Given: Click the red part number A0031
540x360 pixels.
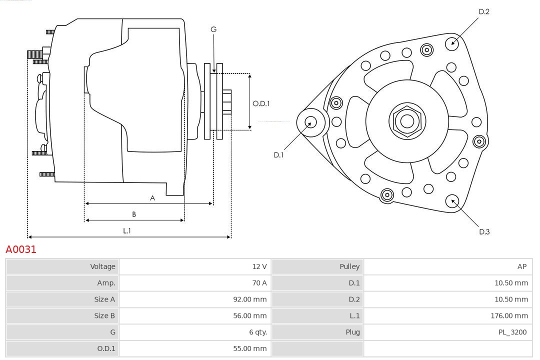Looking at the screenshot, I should pos(21,249).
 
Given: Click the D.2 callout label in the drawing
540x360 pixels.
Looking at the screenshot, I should pos(484,11).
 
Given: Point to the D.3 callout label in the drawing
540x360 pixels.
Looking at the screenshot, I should pos(484,231).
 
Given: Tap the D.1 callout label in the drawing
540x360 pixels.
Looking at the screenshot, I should pos(278,155).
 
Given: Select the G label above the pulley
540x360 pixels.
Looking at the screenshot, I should pos(213,29).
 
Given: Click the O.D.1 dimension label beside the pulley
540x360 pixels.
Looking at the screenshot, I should pos(261,103).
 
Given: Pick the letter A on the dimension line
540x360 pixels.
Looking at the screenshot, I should pos(152,198).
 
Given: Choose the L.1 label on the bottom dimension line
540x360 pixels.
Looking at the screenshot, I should pos(127,231).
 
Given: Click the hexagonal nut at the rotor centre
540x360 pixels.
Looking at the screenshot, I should pos(407,121).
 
